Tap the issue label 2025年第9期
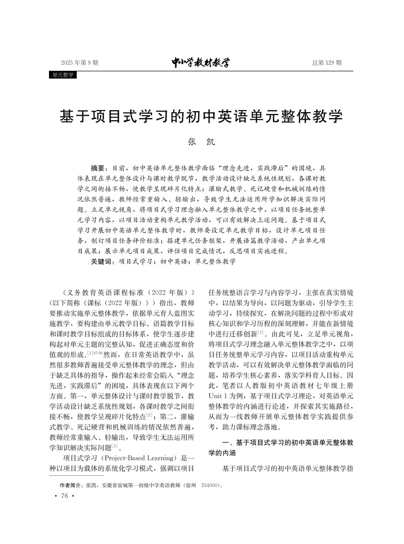(x=80, y=63)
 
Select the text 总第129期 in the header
(x=327, y=63)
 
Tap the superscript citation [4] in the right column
(x=260, y=333)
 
